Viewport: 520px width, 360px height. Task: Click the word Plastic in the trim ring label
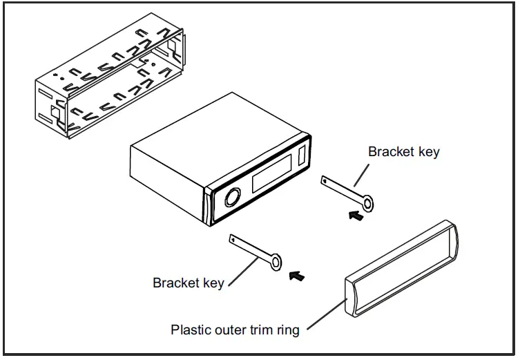pyautogui.click(x=191, y=330)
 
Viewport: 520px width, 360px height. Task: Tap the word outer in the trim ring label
pyautogui.click(x=231, y=330)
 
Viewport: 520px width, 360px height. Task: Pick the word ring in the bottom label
pyautogui.click(x=289, y=330)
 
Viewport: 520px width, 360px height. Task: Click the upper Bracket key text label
pyautogui.click(x=403, y=152)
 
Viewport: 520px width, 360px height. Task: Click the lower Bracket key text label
pyautogui.click(x=188, y=283)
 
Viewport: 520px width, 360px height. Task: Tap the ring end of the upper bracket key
pyautogui.click(x=369, y=203)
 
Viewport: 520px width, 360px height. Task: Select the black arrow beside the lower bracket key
pyautogui.click(x=296, y=276)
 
